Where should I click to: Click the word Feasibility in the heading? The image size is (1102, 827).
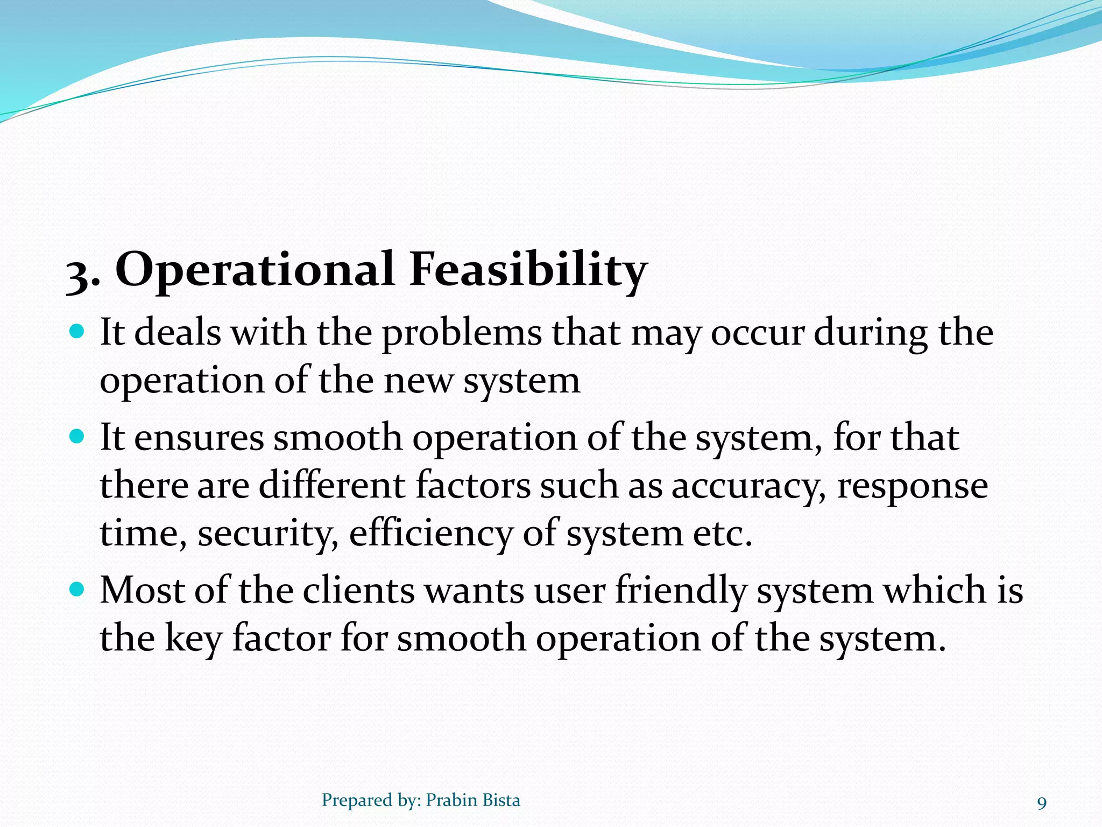[527, 269]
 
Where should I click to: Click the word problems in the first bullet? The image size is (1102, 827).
[462, 334]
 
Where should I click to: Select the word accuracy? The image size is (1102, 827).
[748, 486]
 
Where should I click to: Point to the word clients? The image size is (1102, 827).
[358, 590]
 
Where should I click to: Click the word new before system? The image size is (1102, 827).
[419, 381]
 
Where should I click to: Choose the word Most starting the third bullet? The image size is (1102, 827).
[142, 590]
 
